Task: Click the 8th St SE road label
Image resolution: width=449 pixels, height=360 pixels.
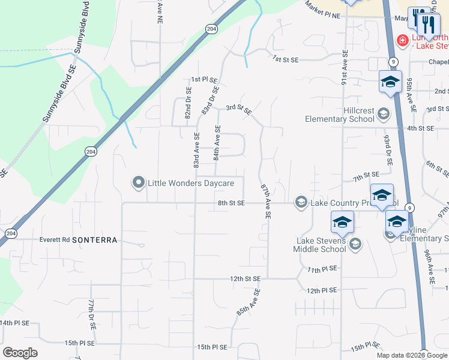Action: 231,203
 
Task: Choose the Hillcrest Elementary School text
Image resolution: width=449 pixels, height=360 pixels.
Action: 340,114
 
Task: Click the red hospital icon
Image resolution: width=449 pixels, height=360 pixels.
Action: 403,41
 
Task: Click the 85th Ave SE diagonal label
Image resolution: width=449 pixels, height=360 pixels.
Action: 248,302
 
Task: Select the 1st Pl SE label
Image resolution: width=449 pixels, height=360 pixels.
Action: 204,80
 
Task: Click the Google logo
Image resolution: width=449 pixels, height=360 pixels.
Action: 20,353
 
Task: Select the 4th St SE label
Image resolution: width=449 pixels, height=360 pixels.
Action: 420,128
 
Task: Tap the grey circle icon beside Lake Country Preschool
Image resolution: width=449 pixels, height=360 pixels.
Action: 301,203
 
